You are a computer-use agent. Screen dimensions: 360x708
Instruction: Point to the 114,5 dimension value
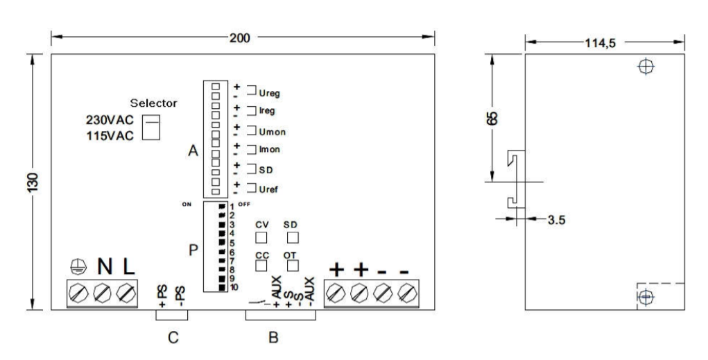point(600,42)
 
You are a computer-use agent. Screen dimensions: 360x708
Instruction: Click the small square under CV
point(262,237)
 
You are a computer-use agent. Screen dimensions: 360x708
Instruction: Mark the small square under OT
point(292,264)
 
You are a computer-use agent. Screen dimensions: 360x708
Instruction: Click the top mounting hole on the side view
point(646,67)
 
